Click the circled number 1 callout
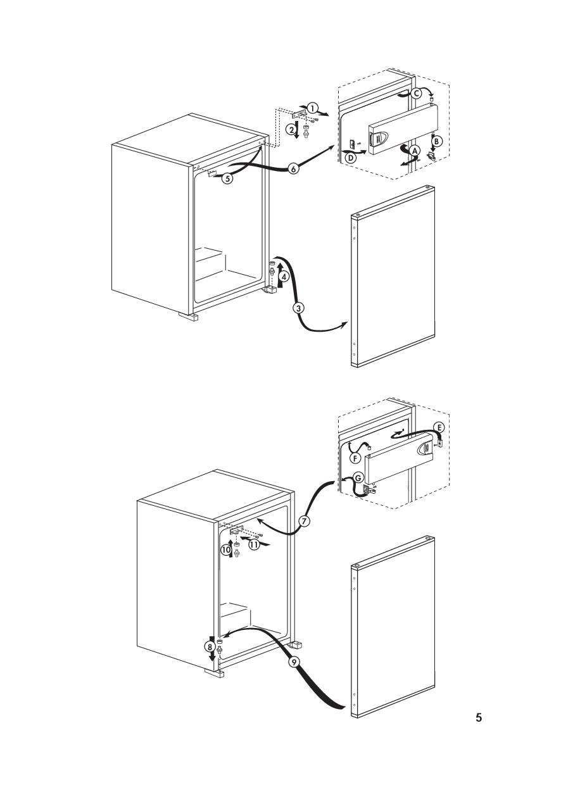[313, 108]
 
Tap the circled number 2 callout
[291, 130]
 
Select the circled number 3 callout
[298, 308]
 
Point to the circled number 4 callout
[284, 277]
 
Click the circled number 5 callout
[227, 179]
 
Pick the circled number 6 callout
[294, 169]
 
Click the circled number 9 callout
[294, 662]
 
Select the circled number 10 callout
[226, 550]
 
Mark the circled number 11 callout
[254, 544]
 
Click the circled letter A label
[415, 151]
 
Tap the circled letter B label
[437, 141]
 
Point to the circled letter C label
[416, 93]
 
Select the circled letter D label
[350, 158]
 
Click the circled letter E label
[439, 427]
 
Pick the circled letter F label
[355, 458]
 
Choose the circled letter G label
[358, 478]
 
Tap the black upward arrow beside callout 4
[279, 276]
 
